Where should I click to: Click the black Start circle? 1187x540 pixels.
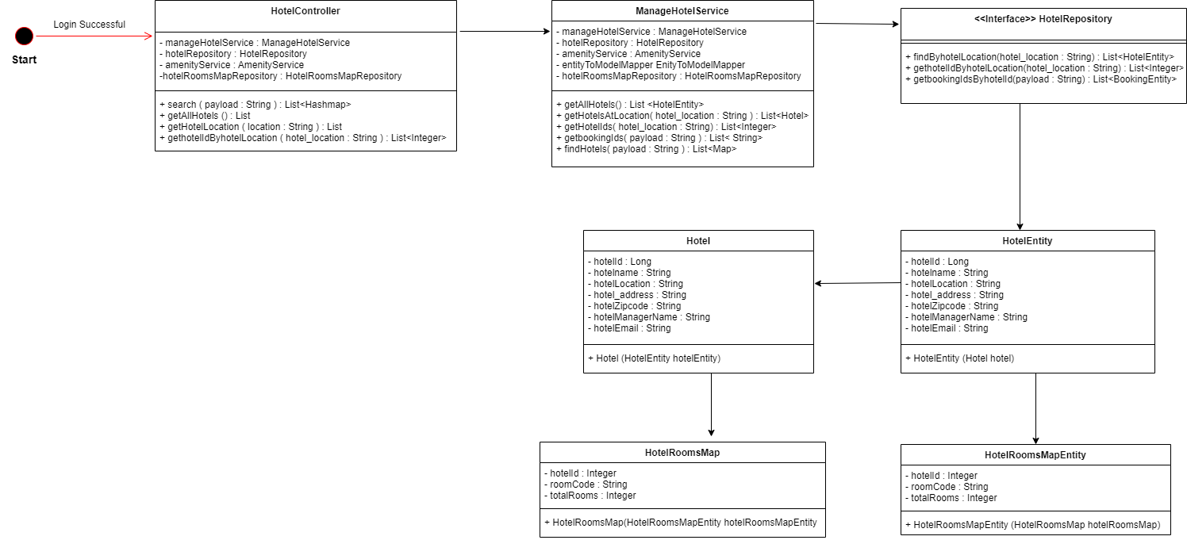(25, 36)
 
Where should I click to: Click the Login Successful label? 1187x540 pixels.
(89, 25)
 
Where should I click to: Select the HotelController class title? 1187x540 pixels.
(305, 12)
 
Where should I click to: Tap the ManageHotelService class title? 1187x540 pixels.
(682, 12)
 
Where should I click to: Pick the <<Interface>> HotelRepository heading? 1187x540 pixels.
(1043, 19)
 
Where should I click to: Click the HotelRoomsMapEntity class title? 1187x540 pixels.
(1035, 455)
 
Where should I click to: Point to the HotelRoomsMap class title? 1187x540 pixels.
(682, 453)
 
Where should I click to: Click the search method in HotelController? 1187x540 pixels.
(255, 105)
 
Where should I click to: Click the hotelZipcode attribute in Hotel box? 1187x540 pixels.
(634, 306)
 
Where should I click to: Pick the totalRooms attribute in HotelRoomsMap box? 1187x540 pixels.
(590, 496)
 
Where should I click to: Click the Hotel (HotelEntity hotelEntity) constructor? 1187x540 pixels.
(654, 358)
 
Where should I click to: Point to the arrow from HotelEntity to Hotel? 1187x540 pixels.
(857, 283)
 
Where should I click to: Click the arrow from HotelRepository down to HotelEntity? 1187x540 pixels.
(1020, 167)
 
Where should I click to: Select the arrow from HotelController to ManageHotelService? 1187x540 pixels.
(504, 32)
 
